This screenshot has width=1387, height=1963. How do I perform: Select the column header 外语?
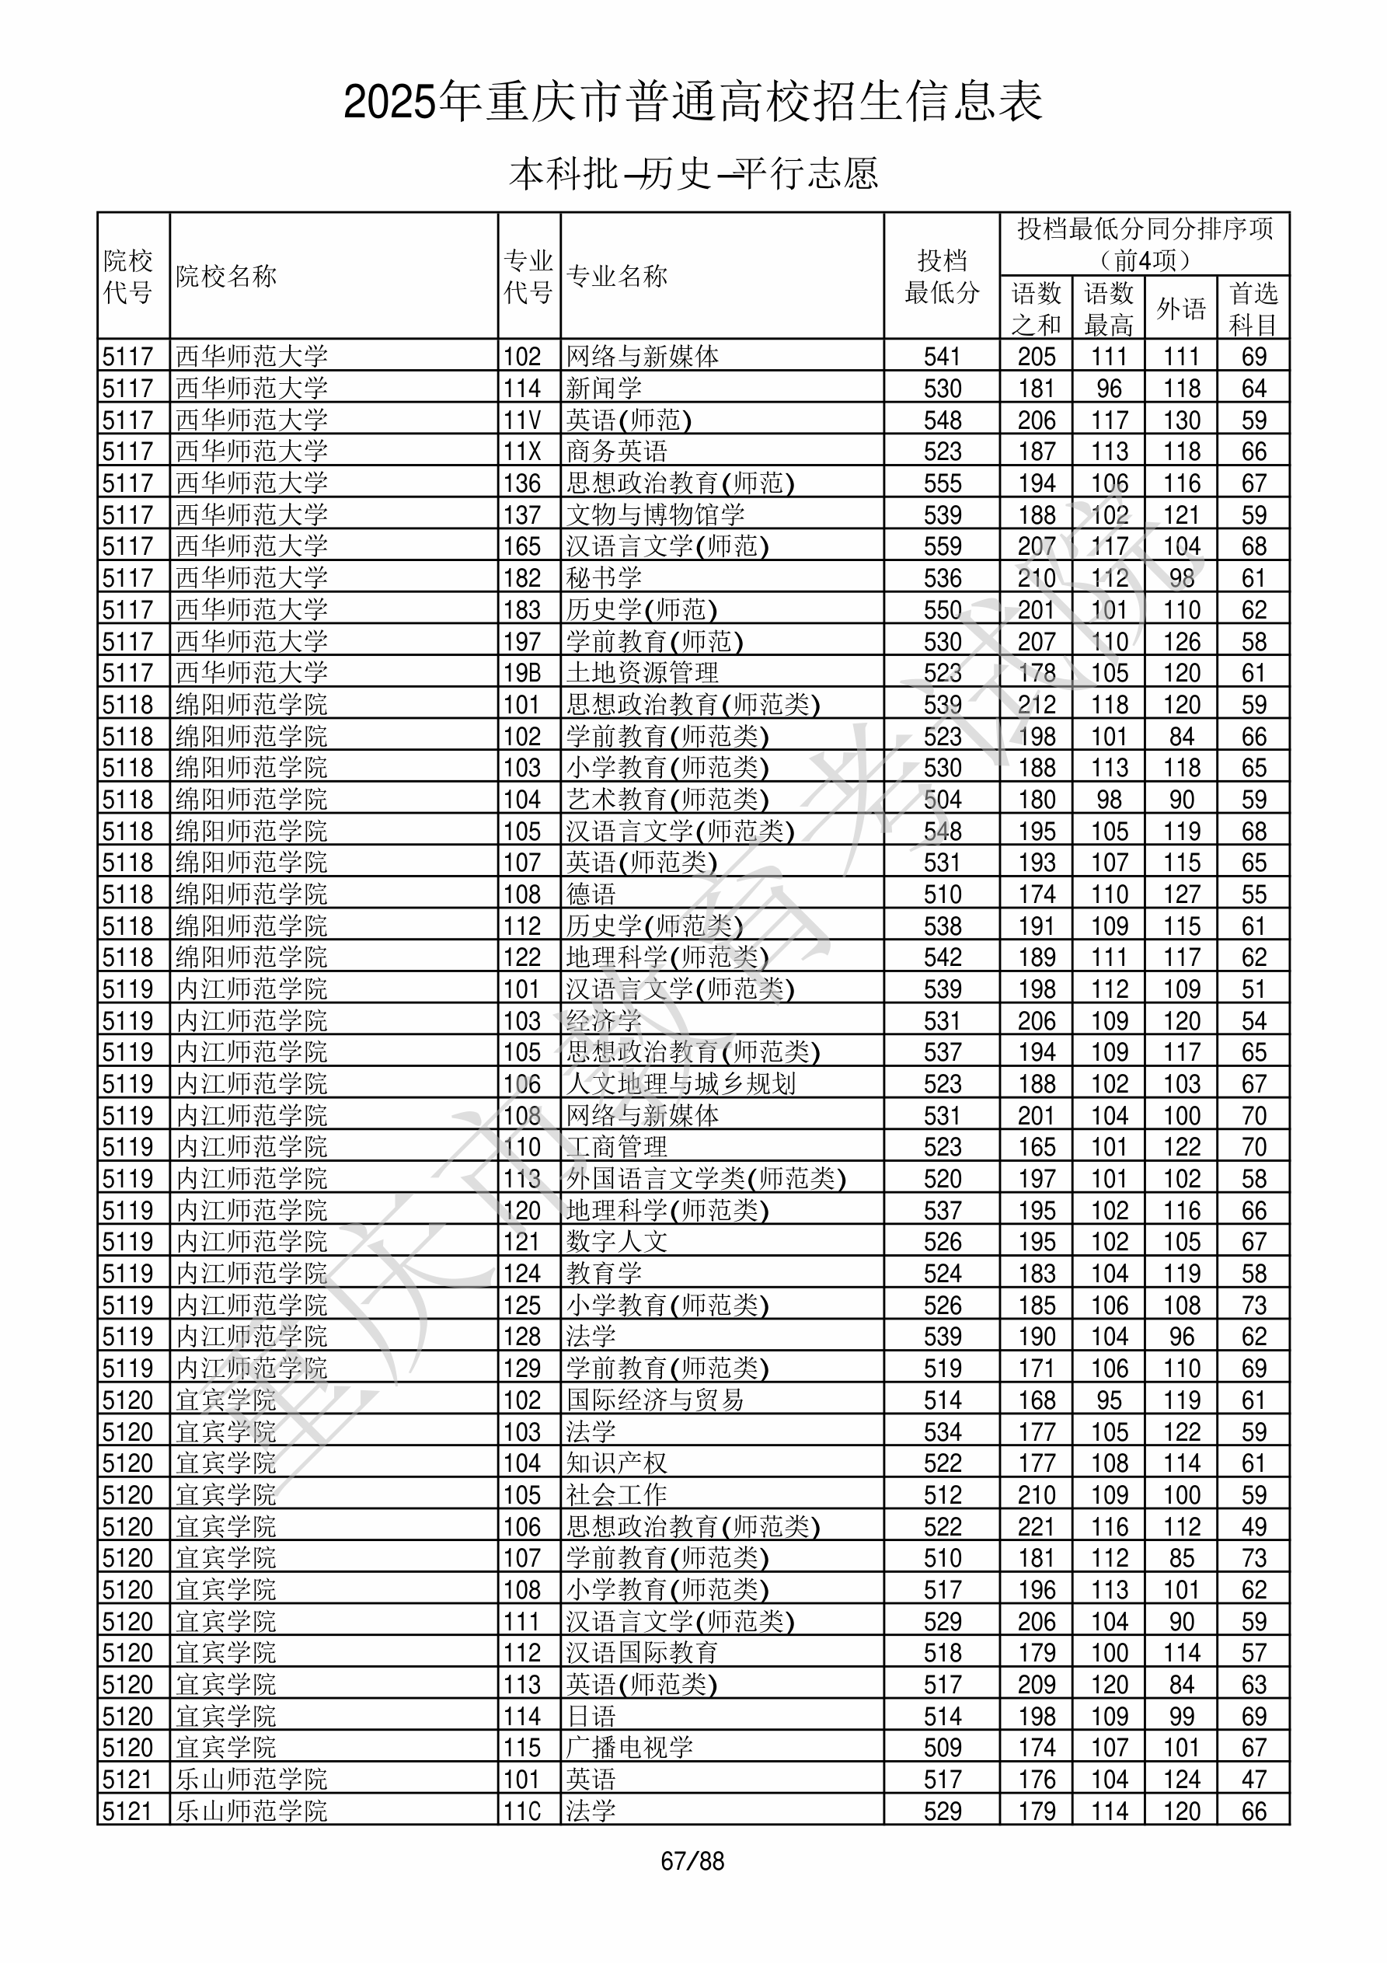point(1181,308)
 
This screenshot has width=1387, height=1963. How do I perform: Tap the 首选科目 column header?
point(1253,308)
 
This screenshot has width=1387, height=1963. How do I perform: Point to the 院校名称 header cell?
point(227,276)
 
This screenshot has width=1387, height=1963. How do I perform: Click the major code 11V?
point(521,420)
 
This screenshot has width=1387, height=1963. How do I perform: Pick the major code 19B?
point(521,673)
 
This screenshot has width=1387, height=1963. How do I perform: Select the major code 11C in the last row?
point(521,1810)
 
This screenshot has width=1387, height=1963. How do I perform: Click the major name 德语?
point(591,894)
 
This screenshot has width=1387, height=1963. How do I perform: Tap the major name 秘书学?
point(604,578)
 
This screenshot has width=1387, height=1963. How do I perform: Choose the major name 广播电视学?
point(629,1747)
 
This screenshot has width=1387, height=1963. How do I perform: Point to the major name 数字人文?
point(616,1241)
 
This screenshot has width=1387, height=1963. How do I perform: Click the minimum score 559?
point(943,546)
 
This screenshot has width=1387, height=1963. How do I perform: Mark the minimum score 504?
point(943,800)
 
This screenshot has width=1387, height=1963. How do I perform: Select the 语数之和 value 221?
point(1037,1526)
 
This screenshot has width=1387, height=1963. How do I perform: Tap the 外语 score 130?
point(1182,420)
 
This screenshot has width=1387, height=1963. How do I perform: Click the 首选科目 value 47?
point(1253,1778)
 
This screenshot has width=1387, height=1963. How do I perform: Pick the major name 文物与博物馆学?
point(655,514)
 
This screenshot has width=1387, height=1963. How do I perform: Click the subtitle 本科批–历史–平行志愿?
point(693,173)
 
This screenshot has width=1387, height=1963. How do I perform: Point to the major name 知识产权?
point(616,1463)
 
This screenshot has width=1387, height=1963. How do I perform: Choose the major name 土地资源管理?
point(642,673)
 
